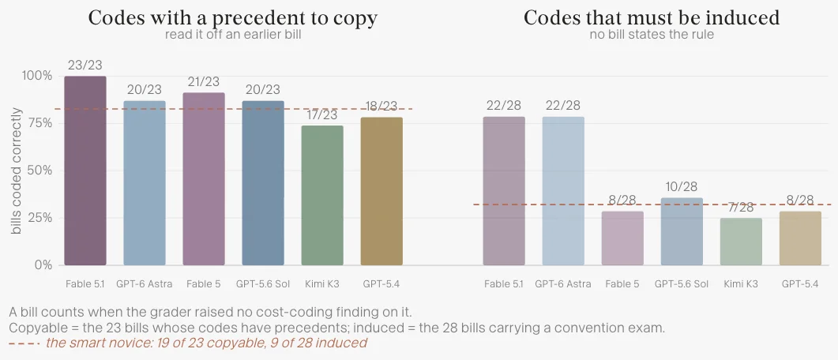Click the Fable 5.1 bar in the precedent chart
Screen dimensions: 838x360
tap(85, 171)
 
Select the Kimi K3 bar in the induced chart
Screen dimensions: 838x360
tap(741, 242)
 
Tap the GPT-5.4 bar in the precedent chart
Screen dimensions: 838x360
tap(381, 191)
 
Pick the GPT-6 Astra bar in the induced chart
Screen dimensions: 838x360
tap(563, 191)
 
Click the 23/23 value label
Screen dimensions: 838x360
tap(85, 66)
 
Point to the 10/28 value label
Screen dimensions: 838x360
tap(682, 187)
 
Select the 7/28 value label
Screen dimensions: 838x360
tap(741, 208)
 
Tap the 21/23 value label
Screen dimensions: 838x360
tap(204, 82)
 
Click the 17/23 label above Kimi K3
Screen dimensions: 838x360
tap(322, 115)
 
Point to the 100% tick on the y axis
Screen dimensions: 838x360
tap(37, 76)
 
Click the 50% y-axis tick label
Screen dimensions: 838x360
tap(39, 171)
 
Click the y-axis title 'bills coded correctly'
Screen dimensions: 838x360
tap(17, 171)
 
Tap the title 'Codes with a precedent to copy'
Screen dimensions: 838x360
tap(233, 18)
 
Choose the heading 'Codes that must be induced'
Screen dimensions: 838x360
tap(652, 18)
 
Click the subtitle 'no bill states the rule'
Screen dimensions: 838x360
tap(652, 36)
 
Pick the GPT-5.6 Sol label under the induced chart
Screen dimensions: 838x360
tap(682, 283)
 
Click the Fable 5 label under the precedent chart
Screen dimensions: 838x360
tap(204, 283)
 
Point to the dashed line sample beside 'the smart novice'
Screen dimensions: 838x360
tap(24, 343)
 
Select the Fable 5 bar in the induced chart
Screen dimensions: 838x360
tap(622, 238)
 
